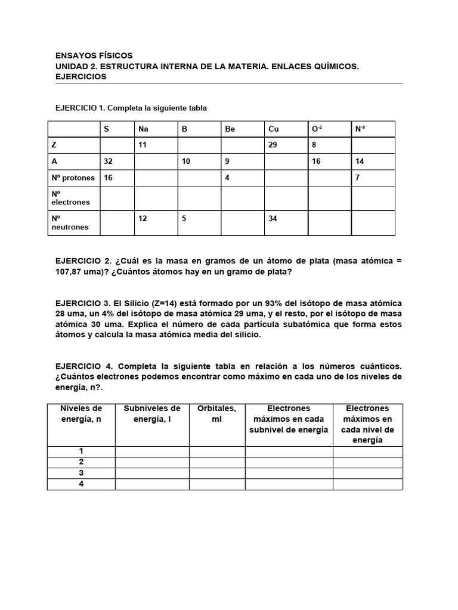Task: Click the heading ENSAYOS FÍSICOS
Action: coord(94,55)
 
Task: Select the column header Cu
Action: coord(274,129)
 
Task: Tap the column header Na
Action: coord(143,129)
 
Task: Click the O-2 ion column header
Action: coord(317,129)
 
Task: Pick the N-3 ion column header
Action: coord(361,129)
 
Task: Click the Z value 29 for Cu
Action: coord(273,144)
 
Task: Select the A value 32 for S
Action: coord(109,161)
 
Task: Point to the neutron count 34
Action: coord(273,218)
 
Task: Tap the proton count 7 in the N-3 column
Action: coord(357,178)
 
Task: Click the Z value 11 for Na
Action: coord(143,144)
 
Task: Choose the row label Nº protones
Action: coord(73,178)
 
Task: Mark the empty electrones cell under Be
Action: coord(242,198)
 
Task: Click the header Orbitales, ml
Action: coord(216,413)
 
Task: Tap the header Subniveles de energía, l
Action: coord(151,413)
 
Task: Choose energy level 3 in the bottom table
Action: coord(81,473)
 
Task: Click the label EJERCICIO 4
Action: coord(83,366)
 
